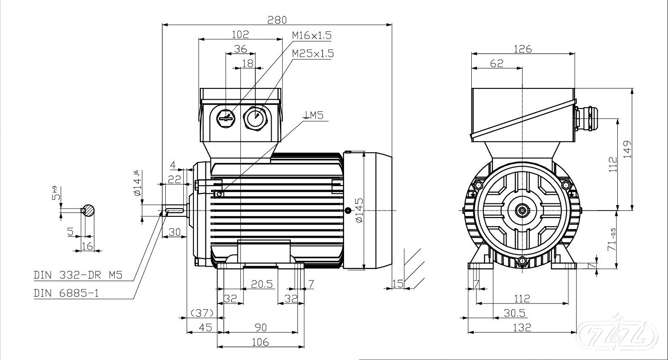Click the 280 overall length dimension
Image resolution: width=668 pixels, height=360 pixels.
pos(277,19)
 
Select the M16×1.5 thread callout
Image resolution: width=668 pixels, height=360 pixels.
pos(311,36)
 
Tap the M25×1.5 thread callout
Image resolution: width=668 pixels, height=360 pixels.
pos(313,54)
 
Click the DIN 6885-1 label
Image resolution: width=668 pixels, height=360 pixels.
pos(67,293)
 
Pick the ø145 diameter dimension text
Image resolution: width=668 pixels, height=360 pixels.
pos(359,210)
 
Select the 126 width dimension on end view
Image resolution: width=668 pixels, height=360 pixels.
pos(522,49)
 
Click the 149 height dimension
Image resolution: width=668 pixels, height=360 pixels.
pos(627,149)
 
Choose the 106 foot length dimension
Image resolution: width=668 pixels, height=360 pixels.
pos(260,342)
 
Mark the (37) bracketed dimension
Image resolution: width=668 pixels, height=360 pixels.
pos(202,313)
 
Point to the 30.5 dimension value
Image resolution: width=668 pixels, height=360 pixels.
pos(515,313)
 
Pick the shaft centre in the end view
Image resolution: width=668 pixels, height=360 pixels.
pos(522,210)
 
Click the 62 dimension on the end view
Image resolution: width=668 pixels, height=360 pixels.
pos(496,63)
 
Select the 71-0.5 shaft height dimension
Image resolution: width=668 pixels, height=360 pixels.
pos(612,239)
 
